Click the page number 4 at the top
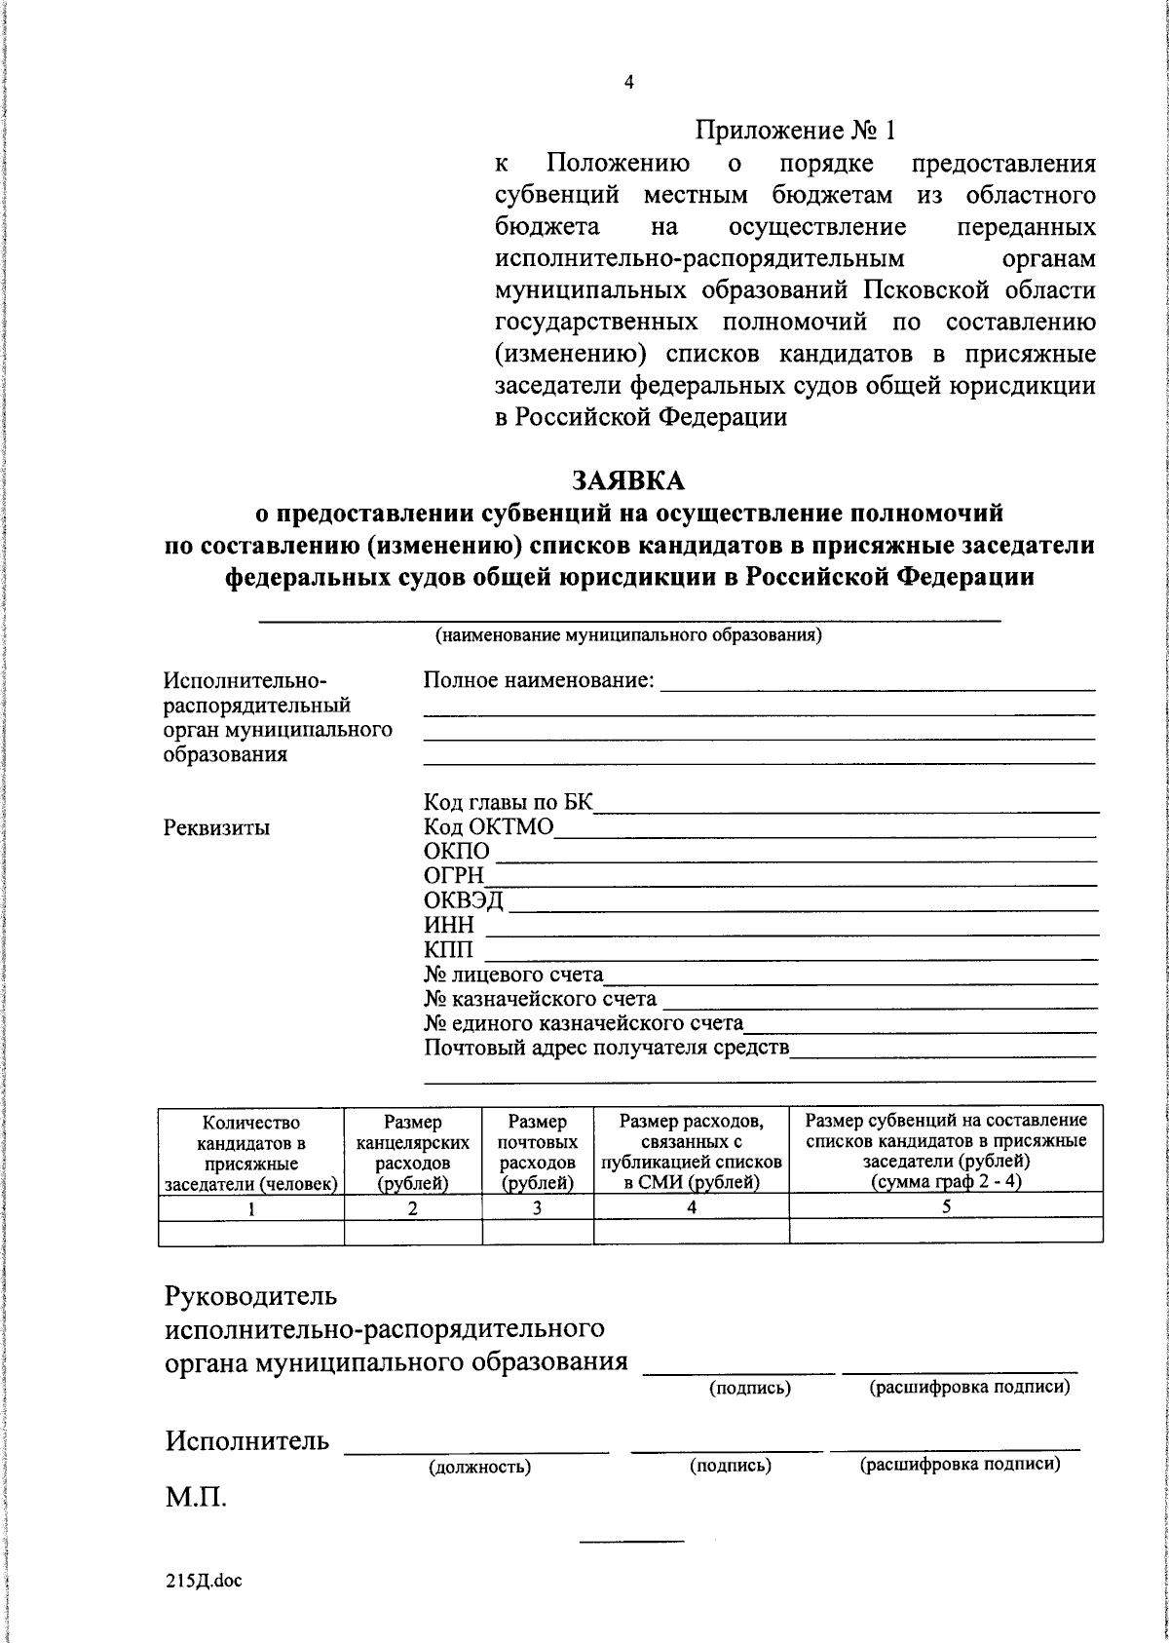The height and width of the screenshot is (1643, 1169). [628, 84]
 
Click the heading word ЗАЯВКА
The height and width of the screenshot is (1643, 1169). [628, 479]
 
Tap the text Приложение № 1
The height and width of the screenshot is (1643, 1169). [794, 130]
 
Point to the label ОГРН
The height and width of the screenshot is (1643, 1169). [454, 877]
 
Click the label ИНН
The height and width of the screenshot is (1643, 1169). [449, 926]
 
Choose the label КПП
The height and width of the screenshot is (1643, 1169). [450, 950]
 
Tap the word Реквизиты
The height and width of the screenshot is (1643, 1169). [217, 828]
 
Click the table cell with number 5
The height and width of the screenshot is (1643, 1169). [945, 1206]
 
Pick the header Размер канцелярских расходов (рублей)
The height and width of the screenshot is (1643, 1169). [413, 1154]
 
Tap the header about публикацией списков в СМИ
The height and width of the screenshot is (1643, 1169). [691, 1154]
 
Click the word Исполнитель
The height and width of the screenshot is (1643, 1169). [246, 1440]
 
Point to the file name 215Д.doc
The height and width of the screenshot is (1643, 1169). [203, 1582]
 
